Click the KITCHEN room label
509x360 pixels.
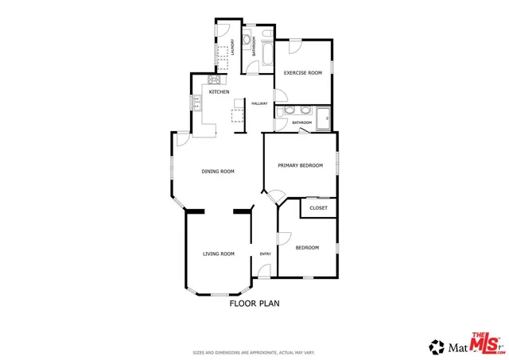coord(219,92)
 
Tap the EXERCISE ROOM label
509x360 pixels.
coord(303,72)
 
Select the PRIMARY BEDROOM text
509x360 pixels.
coord(300,165)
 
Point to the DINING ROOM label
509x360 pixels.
coord(217,171)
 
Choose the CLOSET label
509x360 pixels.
coord(318,207)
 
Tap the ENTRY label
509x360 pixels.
coord(265,254)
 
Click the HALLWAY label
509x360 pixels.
coord(259,104)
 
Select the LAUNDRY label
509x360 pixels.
coord(232,47)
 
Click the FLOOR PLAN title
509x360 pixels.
coord(254,303)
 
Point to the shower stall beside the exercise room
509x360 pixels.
coord(324,118)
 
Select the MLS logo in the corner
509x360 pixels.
coord(486,343)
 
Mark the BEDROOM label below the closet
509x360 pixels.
coord(307,248)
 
